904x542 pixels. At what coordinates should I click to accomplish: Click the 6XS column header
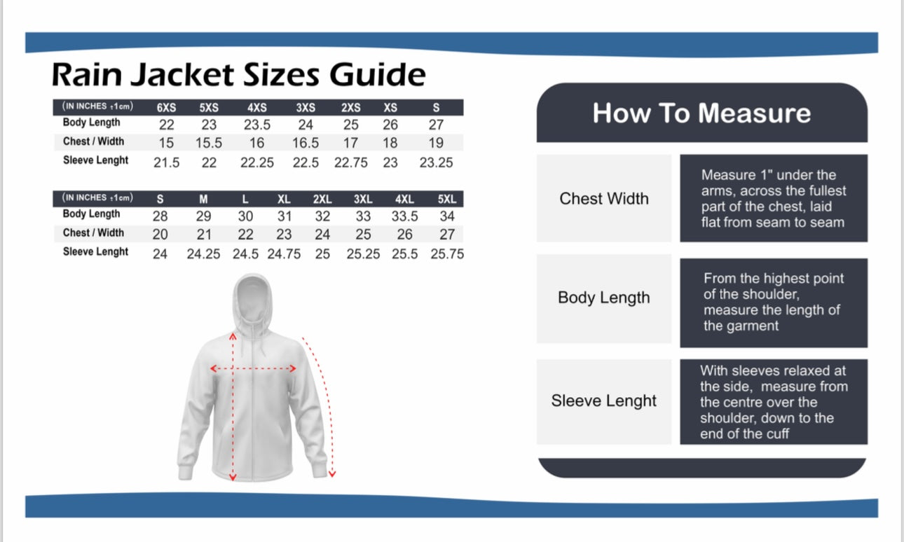click(166, 108)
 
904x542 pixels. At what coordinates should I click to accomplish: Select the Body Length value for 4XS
click(257, 125)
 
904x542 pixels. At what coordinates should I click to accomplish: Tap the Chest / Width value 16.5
click(306, 143)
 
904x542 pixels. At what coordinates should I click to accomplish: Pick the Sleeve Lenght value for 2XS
click(350, 162)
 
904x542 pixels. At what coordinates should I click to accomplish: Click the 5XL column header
click(447, 199)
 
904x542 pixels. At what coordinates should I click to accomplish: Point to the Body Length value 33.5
click(405, 216)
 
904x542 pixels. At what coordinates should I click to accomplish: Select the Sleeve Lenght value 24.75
click(284, 254)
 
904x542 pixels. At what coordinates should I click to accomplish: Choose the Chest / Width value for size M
click(204, 235)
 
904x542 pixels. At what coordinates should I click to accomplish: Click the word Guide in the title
click(377, 75)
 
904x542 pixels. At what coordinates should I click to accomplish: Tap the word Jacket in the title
click(182, 75)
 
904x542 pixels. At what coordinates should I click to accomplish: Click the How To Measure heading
click(701, 113)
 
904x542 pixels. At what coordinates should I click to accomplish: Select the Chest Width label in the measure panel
click(604, 198)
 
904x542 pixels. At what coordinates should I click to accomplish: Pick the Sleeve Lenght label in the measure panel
click(604, 401)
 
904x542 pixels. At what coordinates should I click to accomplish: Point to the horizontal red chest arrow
click(253, 368)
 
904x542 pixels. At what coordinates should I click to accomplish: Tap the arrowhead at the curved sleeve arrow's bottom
click(331, 474)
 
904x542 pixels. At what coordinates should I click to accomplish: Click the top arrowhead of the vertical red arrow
click(233, 335)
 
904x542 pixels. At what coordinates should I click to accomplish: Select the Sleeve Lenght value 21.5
click(166, 162)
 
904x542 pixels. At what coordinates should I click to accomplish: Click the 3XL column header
click(363, 199)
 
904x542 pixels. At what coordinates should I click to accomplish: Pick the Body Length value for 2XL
click(322, 216)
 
